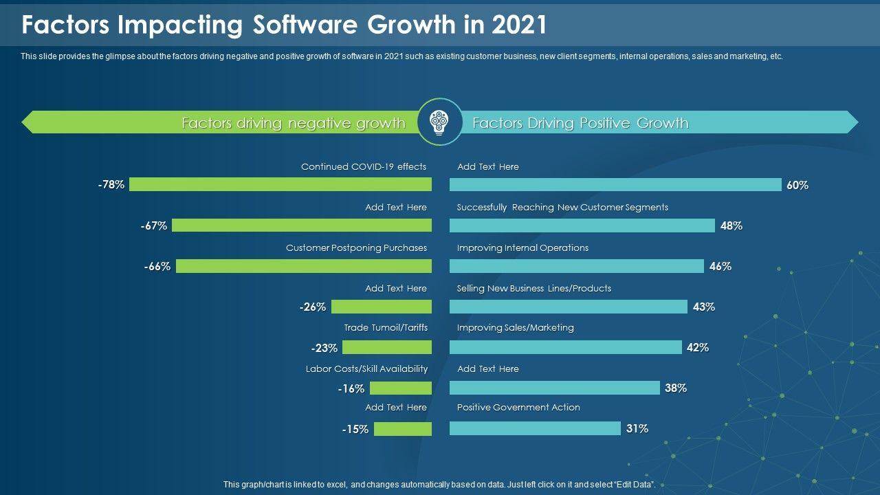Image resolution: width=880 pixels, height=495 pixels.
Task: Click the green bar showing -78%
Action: [x=280, y=184]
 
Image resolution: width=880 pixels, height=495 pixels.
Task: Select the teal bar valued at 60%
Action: [x=615, y=184]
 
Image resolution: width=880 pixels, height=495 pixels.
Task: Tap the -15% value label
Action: [x=355, y=429]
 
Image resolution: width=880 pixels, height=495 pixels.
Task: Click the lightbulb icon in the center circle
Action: [x=439, y=122]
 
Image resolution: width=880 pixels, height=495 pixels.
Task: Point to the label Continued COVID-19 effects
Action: [x=364, y=166]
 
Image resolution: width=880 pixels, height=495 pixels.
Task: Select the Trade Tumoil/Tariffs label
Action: [x=386, y=328]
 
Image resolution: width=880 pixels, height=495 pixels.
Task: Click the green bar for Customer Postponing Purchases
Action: [x=304, y=266]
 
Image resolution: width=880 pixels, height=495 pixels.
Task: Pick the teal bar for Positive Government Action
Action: [x=535, y=428]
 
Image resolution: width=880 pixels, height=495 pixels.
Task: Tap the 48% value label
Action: [x=731, y=225]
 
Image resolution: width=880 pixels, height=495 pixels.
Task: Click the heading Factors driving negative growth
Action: [x=294, y=123]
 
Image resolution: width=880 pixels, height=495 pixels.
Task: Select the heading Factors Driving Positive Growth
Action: [x=580, y=123]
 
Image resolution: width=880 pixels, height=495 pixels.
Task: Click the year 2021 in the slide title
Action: [x=520, y=25]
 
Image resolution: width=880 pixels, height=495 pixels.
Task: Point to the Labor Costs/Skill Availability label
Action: [x=366, y=368]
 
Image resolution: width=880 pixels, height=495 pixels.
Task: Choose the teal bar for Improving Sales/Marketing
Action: [x=565, y=347]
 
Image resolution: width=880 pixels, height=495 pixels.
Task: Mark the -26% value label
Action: [x=313, y=307]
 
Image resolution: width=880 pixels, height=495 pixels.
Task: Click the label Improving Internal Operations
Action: [x=522, y=247]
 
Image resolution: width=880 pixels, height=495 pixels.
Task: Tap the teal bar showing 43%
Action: [x=568, y=307]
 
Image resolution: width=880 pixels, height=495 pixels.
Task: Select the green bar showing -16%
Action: [x=401, y=388]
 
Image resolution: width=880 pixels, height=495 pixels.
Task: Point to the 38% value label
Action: [x=676, y=388]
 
